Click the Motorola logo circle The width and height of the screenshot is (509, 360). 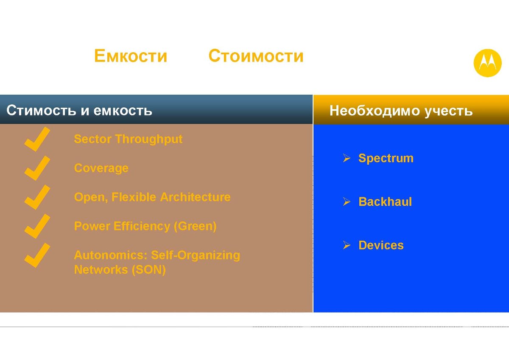click(x=487, y=63)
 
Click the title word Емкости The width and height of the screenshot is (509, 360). click(x=131, y=56)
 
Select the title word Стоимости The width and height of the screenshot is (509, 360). click(x=256, y=56)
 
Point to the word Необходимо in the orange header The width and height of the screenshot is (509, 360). click(x=375, y=110)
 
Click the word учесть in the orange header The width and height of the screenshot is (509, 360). click(x=449, y=111)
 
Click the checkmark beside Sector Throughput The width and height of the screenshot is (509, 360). click(x=37, y=139)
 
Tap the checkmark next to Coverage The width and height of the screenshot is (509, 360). click(x=37, y=168)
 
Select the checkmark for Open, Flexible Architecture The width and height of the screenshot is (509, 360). click(x=37, y=197)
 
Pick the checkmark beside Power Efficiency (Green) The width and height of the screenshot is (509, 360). click(x=37, y=226)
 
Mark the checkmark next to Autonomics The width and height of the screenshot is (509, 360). click(x=37, y=255)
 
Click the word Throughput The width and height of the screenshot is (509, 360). click(x=149, y=139)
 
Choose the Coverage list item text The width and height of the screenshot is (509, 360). click(x=101, y=169)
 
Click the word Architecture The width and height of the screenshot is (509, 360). click(x=195, y=197)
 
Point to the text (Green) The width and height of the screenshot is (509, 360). click(x=195, y=226)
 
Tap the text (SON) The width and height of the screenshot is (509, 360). click(x=149, y=270)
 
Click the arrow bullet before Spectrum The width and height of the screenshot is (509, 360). click(x=347, y=158)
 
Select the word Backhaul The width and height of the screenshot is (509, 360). click(x=385, y=202)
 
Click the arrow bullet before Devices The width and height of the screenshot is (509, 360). click(x=347, y=245)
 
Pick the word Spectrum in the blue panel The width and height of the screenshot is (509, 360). click(x=386, y=158)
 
